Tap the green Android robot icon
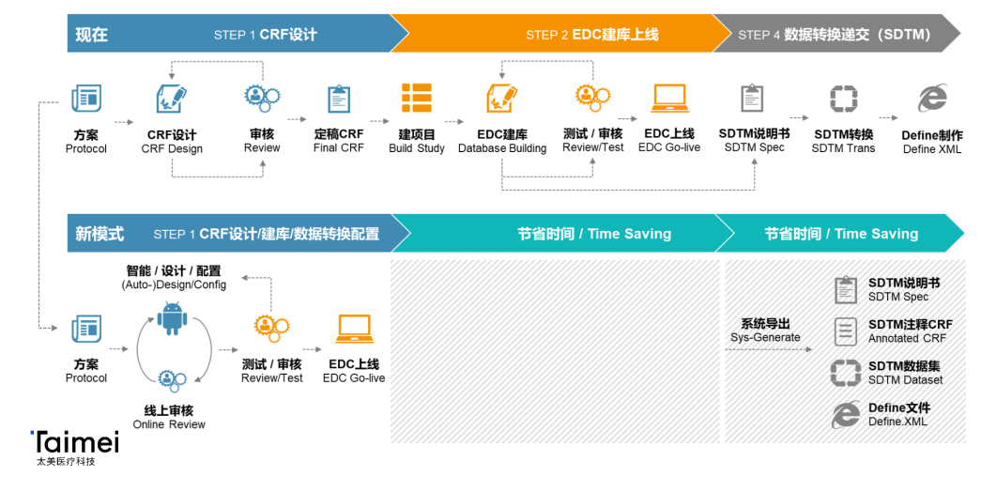(x=172, y=318)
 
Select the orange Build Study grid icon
(x=417, y=99)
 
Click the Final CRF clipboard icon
(x=339, y=99)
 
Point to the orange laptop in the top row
(x=669, y=99)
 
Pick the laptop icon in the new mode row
(x=355, y=329)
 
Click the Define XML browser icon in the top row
(x=932, y=99)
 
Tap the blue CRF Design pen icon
(x=172, y=99)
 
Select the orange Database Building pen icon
(x=501, y=99)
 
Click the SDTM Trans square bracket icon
(x=843, y=99)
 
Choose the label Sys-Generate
(x=765, y=337)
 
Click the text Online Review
(x=169, y=424)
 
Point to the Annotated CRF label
(x=907, y=338)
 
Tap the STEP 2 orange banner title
(x=591, y=35)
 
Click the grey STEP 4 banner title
(x=834, y=35)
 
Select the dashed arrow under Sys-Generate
(x=769, y=349)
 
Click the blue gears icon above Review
(x=262, y=97)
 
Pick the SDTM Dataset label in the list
(x=905, y=380)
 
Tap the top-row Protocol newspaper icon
(x=86, y=99)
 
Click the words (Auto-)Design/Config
(x=174, y=284)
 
